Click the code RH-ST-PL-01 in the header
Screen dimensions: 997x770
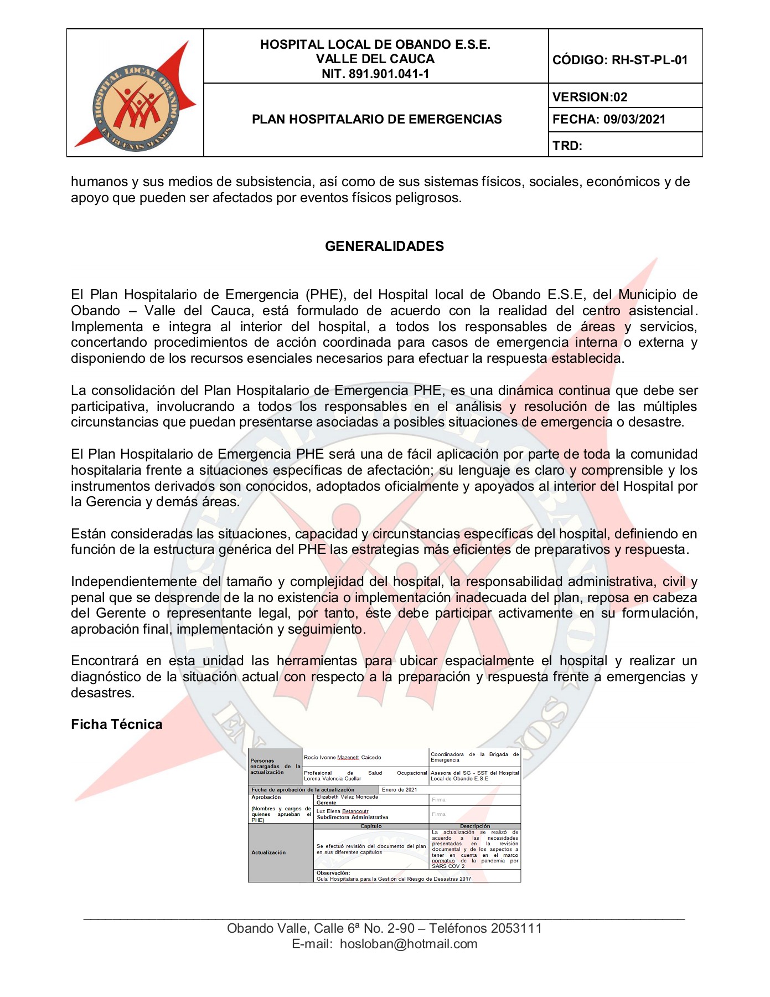point(649,60)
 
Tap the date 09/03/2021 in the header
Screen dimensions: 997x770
point(634,119)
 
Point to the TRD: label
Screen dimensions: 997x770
point(567,146)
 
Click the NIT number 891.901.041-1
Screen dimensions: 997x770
point(389,74)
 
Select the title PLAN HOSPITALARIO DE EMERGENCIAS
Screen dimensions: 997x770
point(376,119)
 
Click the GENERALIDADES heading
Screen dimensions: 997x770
point(384,246)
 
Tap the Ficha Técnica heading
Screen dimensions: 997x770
point(117,724)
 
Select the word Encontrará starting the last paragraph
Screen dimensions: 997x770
point(105,661)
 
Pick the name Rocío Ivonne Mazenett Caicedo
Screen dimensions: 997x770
point(342,757)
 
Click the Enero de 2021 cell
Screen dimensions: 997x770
point(399,790)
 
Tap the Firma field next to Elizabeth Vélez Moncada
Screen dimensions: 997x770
point(439,800)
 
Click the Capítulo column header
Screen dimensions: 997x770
point(371,826)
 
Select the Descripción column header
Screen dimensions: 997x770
point(475,826)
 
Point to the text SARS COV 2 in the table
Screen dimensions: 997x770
point(448,866)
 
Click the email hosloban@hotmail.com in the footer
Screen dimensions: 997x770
point(409,944)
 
